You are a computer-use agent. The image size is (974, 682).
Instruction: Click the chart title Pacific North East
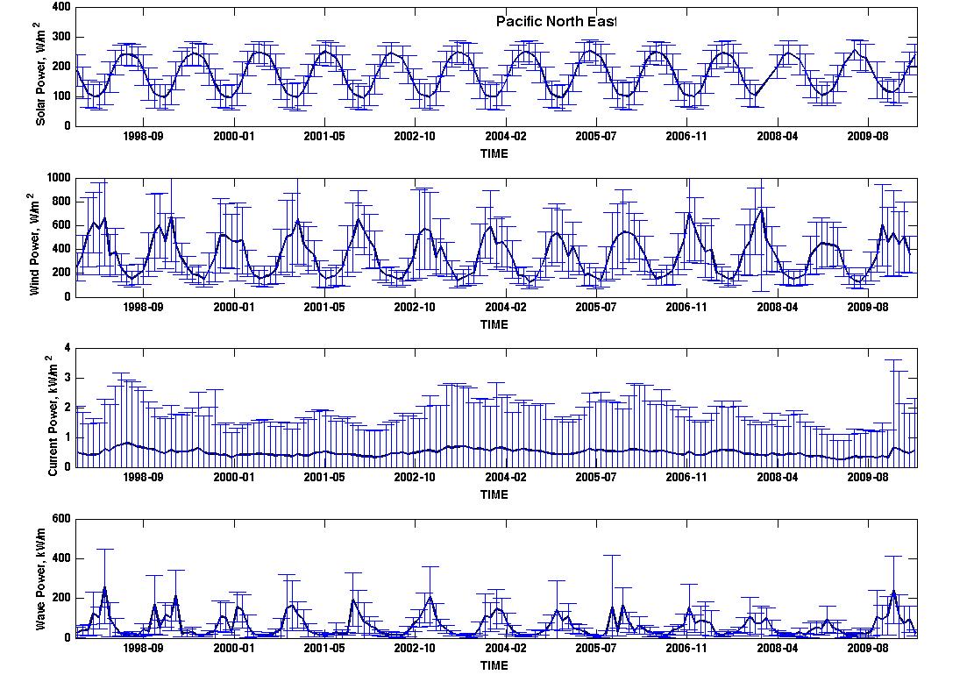tap(556, 21)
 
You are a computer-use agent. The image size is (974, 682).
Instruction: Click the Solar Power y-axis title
tap(40, 74)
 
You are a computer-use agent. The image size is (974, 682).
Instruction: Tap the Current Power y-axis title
tap(53, 416)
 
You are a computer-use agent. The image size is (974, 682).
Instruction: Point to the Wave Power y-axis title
tap(40, 579)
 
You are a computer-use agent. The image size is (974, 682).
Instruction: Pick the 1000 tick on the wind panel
tap(59, 178)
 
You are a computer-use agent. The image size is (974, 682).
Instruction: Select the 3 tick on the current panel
tap(68, 379)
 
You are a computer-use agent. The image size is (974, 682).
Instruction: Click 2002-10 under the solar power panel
tap(415, 136)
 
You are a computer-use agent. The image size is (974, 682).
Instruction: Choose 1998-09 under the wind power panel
tap(143, 307)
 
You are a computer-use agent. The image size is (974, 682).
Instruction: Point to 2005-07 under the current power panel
tap(595, 477)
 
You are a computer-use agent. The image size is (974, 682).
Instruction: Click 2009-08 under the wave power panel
tap(867, 648)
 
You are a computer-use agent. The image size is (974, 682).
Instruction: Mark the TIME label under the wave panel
tap(494, 665)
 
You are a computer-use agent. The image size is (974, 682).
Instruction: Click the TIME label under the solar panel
tap(494, 153)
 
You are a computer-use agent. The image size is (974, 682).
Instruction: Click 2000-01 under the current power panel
tap(234, 477)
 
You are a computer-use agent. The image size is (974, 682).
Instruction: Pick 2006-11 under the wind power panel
tap(686, 307)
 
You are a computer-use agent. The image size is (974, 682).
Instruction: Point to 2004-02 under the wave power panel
tap(506, 648)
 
